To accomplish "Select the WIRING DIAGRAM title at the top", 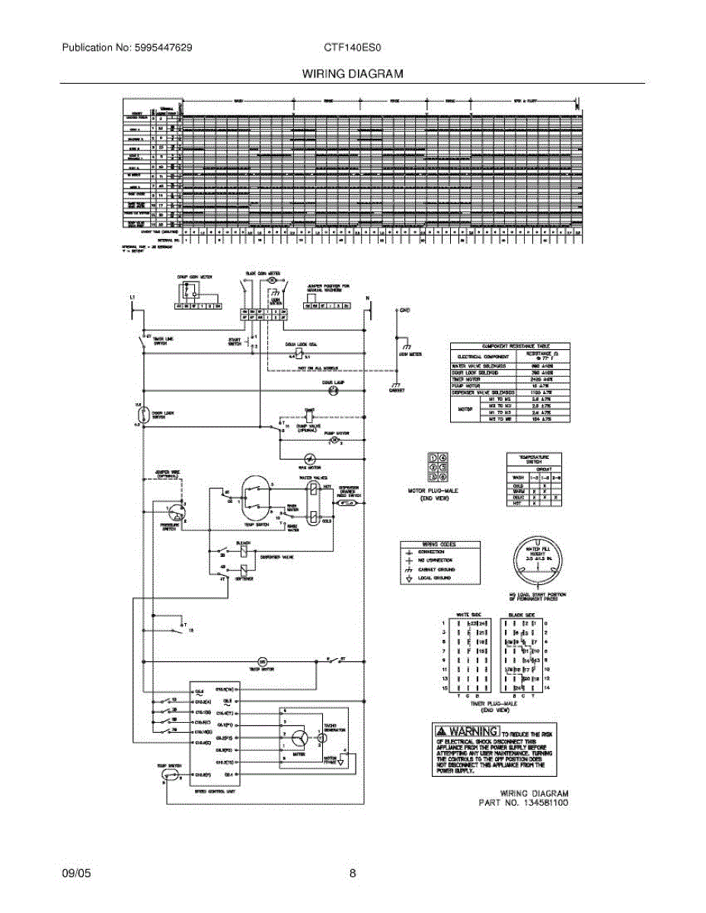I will (353, 74).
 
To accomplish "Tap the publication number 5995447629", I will (159, 47).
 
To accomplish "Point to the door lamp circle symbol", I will (333, 390).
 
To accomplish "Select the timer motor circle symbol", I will (263, 661).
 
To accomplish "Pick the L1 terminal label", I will (133, 297).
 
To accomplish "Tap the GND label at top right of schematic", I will (405, 311).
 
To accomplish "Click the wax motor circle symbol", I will (310, 459).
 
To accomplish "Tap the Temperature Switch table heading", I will (539, 459).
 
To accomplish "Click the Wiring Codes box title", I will (440, 545).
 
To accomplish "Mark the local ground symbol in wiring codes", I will (410, 578).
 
